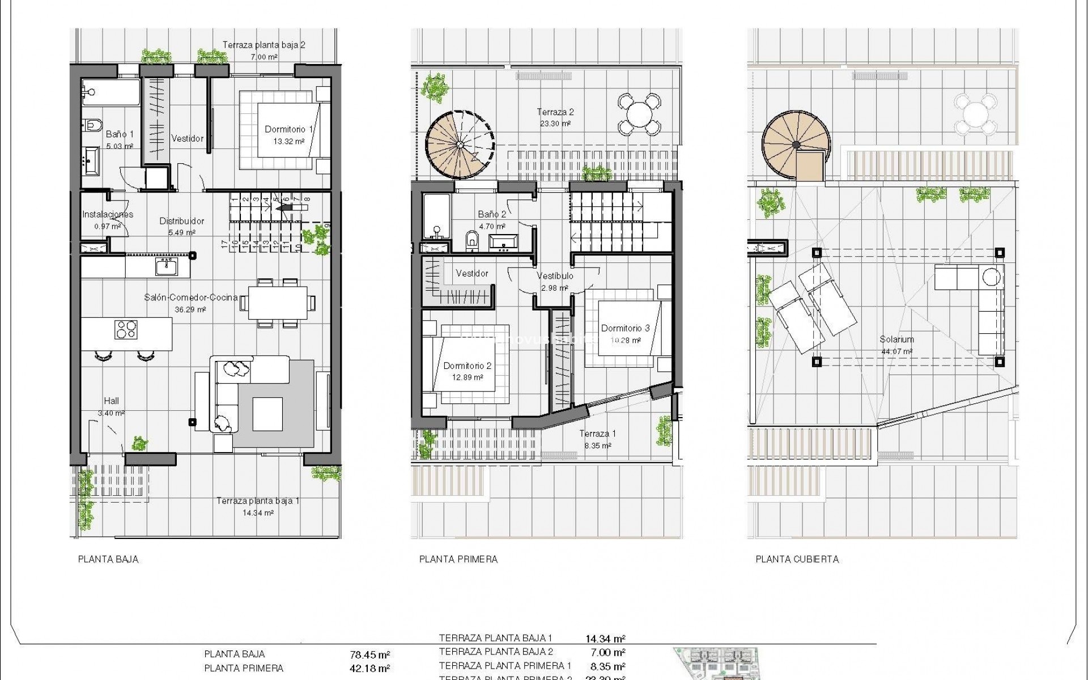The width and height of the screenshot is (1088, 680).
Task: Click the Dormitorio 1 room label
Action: tap(288, 130)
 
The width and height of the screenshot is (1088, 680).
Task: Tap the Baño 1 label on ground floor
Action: tap(120, 135)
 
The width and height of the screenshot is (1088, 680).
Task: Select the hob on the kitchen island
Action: tap(126, 329)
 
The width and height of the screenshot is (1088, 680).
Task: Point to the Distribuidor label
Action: tap(181, 222)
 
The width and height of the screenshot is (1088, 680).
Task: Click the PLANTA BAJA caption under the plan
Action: tap(108, 559)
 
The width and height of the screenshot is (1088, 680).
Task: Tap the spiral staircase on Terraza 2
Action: tap(460, 146)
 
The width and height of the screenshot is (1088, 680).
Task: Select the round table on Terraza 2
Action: tap(639, 113)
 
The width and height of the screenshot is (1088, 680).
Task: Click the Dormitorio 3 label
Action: tap(625, 329)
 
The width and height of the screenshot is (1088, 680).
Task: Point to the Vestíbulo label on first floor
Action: tap(555, 277)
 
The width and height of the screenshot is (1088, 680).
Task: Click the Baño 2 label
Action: tap(492, 214)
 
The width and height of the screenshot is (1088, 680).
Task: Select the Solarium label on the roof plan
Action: tap(896, 340)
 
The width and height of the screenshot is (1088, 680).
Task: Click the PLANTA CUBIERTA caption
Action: tap(797, 559)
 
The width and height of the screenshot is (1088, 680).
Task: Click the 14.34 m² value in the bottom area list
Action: tap(605, 639)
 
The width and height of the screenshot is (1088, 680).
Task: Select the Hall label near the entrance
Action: tap(111, 401)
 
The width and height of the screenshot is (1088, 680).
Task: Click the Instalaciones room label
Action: tap(108, 215)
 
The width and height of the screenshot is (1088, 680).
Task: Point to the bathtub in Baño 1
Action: tap(110, 92)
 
